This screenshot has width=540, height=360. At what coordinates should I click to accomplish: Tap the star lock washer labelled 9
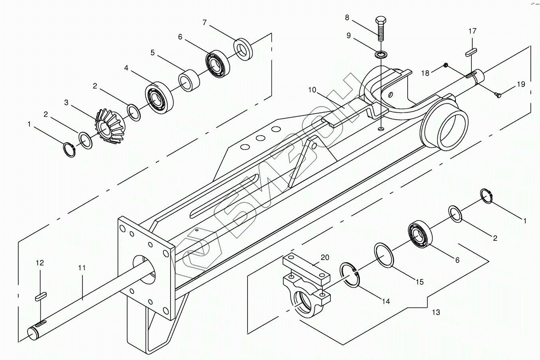click(x=382, y=54)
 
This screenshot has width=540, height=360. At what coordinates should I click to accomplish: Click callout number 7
click(x=204, y=22)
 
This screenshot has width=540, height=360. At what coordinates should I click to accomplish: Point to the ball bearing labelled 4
click(x=158, y=97)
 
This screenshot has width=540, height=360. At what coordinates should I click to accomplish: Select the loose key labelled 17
click(x=471, y=51)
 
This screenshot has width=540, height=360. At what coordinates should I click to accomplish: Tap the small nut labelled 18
click(x=446, y=65)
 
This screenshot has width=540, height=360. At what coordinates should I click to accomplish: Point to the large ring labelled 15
click(x=384, y=255)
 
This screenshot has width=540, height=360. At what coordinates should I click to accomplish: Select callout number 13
click(x=436, y=312)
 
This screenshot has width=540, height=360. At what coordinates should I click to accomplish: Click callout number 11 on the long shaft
click(x=82, y=268)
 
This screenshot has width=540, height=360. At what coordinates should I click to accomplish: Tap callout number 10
click(x=312, y=90)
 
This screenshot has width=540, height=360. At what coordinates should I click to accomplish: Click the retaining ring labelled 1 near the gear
click(x=70, y=150)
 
